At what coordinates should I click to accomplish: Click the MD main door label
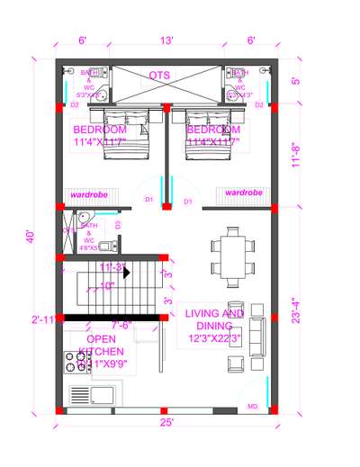[x=252, y=407]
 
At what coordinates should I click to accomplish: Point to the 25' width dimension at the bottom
[x=167, y=421]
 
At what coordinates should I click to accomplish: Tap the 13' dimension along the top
[x=167, y=40]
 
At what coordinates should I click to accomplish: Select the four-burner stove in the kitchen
[x=79, y=361]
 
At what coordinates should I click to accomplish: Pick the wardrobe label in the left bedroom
[x=89, y=193]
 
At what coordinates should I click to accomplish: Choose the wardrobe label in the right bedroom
[x=243, y=193]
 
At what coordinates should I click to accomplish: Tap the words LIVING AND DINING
[x=214, y=319]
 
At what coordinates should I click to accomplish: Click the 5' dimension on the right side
[x=295, y=79]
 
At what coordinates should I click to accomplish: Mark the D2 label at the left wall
[x=76, y=105]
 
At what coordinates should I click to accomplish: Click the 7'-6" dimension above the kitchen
[x=122, y=325]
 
